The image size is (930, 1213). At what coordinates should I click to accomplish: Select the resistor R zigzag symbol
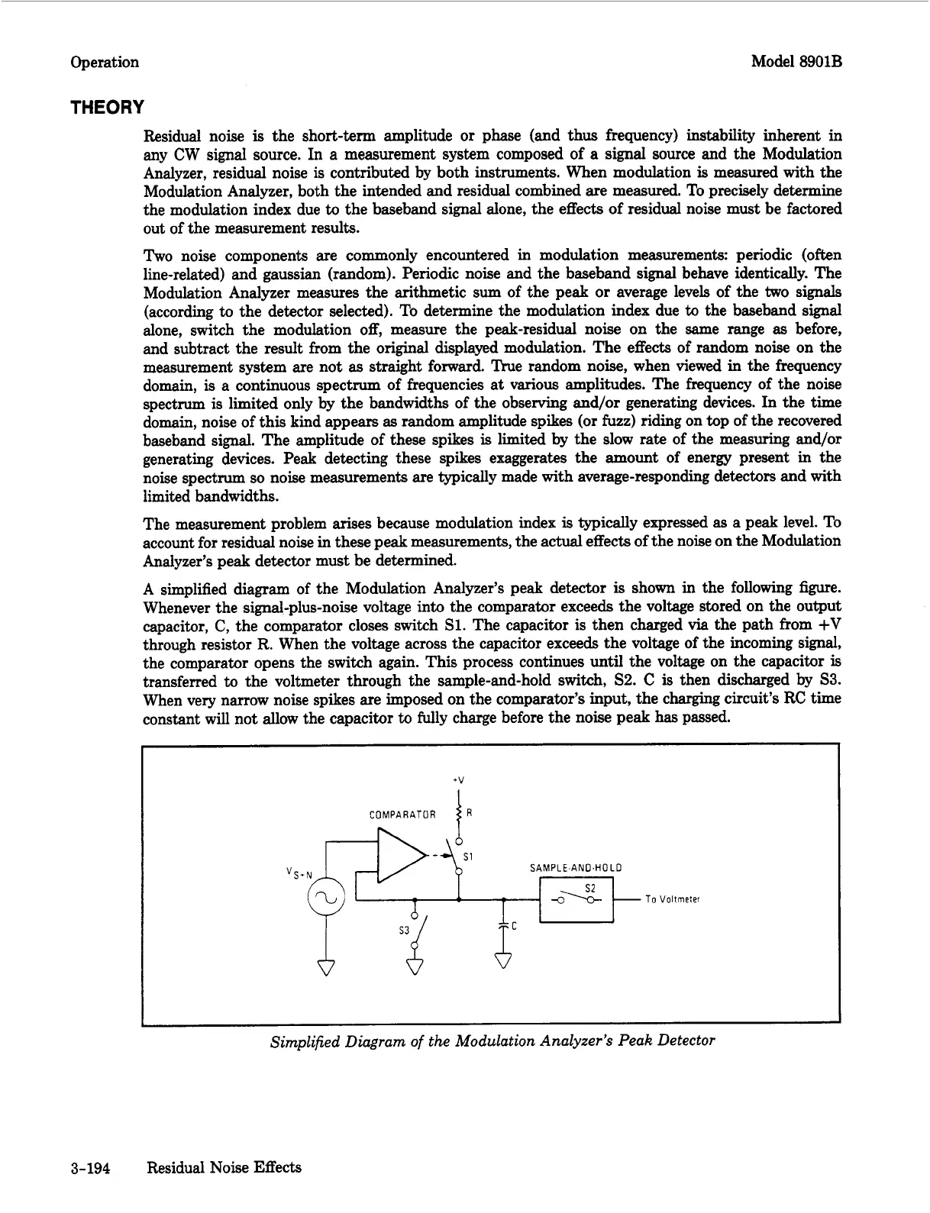point(458,815)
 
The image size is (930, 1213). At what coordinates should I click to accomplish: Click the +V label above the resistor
point(458,779)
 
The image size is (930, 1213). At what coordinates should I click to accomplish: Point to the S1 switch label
point(470,857)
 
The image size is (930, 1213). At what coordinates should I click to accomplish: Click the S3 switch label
point(405,931)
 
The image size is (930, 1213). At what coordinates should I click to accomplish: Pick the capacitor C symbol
point(504,925)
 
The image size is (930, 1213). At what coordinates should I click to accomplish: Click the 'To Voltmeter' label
point(672,899)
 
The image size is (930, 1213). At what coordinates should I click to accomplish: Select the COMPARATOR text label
point(402,815)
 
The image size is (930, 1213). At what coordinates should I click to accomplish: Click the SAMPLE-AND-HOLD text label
point(575,868)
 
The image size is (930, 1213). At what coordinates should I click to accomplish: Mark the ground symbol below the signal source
point(326,966)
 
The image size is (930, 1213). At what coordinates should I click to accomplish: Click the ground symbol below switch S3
point(415,966)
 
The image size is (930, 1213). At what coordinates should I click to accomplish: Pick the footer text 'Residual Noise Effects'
point(224,1167)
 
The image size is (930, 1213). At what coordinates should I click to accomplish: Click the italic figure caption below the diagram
point(492,1040)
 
